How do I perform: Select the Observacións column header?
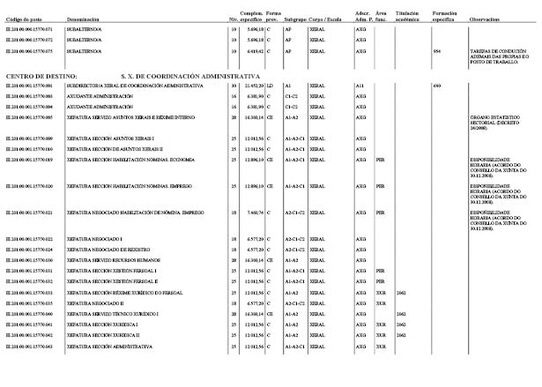[x=486, y=18]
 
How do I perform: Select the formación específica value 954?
[x=437, y=51]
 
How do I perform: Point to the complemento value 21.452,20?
[x=253, y=86]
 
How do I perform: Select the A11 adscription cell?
[x=360, y=86]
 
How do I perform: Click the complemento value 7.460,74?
[x=254, y=212]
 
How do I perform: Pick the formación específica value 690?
[x=437, y=86]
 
